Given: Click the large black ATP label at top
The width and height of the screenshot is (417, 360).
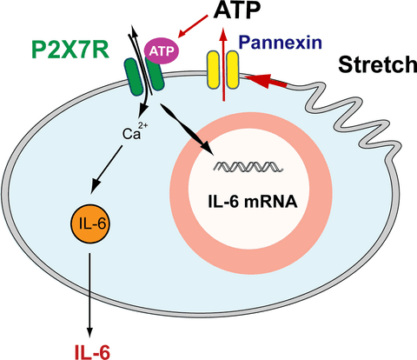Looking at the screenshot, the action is point(237,10).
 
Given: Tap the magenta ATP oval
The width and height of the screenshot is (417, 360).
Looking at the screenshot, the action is point(162,51).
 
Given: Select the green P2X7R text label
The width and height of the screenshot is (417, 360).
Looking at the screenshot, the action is point(70,50).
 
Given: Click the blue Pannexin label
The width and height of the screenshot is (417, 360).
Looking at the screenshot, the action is point(281,43).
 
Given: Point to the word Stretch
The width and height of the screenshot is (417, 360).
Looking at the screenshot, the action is point(378,64).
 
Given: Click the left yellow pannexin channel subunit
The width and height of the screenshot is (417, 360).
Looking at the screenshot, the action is point(213,70).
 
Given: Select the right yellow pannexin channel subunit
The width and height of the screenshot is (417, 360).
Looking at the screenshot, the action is point(233,70).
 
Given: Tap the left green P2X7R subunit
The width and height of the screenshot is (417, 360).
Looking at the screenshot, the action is point(134,77).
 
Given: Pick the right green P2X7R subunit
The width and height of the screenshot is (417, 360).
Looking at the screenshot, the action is point(156,74).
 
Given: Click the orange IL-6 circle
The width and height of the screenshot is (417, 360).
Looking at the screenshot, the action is point(90,223).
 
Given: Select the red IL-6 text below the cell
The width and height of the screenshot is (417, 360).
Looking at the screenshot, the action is point(92,352).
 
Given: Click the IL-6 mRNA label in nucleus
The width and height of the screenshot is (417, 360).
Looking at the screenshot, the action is point(253,202).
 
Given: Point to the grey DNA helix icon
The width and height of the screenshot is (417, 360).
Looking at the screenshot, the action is point(248,167).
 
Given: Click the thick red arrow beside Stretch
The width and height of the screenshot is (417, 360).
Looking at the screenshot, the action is point(266,81).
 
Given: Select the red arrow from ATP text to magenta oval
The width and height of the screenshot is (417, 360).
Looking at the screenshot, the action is point(193,26).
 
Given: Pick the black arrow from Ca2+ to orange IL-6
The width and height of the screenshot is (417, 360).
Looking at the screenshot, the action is point(107,170).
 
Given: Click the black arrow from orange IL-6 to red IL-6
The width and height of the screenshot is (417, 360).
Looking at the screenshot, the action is point(89,295).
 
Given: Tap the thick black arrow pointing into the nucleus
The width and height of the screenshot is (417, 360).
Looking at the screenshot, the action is point(187,130).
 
